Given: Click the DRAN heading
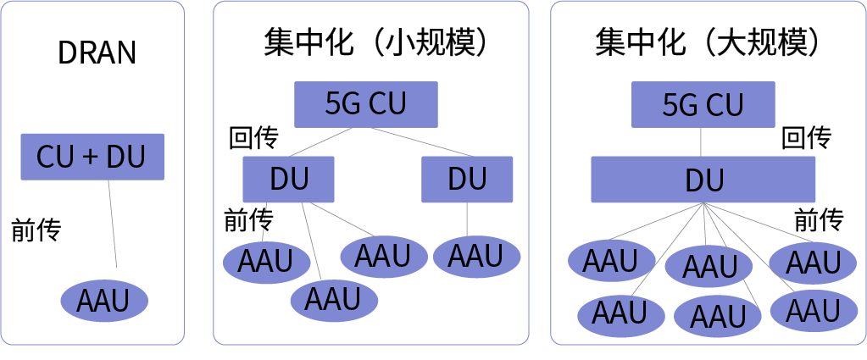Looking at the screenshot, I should point(97,53).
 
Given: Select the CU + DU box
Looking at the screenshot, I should point(92,156).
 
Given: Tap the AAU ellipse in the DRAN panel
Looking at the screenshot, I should point(104,300).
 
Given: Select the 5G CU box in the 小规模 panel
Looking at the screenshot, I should point(365,104).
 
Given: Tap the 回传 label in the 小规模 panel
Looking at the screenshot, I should point(253,138).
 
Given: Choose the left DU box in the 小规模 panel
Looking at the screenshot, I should point(288,179).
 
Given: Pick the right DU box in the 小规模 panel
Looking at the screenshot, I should point(467,179).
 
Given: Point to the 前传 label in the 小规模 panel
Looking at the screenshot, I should point(248,220).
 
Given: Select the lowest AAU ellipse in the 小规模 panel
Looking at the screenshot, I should point(333,299).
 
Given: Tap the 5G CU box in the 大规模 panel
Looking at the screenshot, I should point(703,104).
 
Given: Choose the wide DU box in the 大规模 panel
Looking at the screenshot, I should point(703,180).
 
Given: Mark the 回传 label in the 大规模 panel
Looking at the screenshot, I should point(806,138).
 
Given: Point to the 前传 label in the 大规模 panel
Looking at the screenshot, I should point(819,220).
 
